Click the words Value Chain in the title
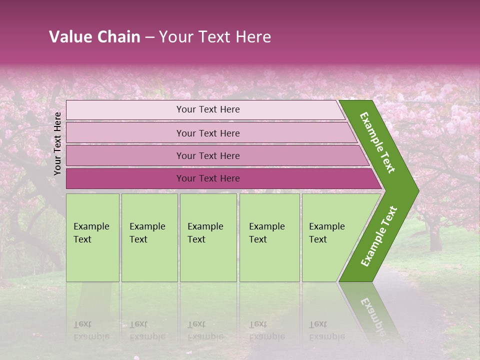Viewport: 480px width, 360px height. pos(94,37)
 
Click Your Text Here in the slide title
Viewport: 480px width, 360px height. pos(215,37)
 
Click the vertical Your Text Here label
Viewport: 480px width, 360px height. pos(57,143)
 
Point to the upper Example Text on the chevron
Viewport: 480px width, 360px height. pos(377,142)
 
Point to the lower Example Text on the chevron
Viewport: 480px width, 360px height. pos(379,236)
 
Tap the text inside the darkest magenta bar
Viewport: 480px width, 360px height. pos(208,178)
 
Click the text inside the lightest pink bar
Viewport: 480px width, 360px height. pos(208,109)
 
